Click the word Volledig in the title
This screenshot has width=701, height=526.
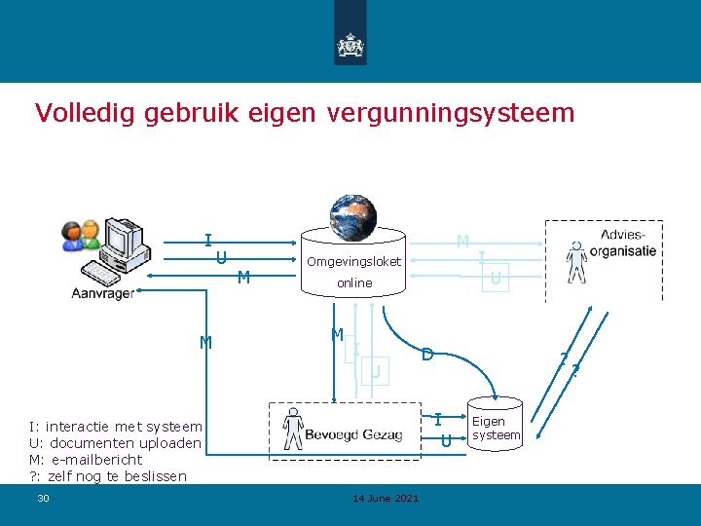85,113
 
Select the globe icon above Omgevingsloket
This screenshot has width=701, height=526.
352,216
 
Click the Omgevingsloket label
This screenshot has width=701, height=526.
353,261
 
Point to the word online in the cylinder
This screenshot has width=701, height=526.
354,282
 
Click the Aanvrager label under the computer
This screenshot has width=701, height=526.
103,293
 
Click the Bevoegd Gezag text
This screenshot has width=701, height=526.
353,434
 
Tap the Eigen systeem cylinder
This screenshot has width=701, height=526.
496,428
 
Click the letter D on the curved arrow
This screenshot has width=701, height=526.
426,356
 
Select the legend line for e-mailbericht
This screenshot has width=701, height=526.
86,460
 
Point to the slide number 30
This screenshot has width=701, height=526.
43,499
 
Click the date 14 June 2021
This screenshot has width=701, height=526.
386,499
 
